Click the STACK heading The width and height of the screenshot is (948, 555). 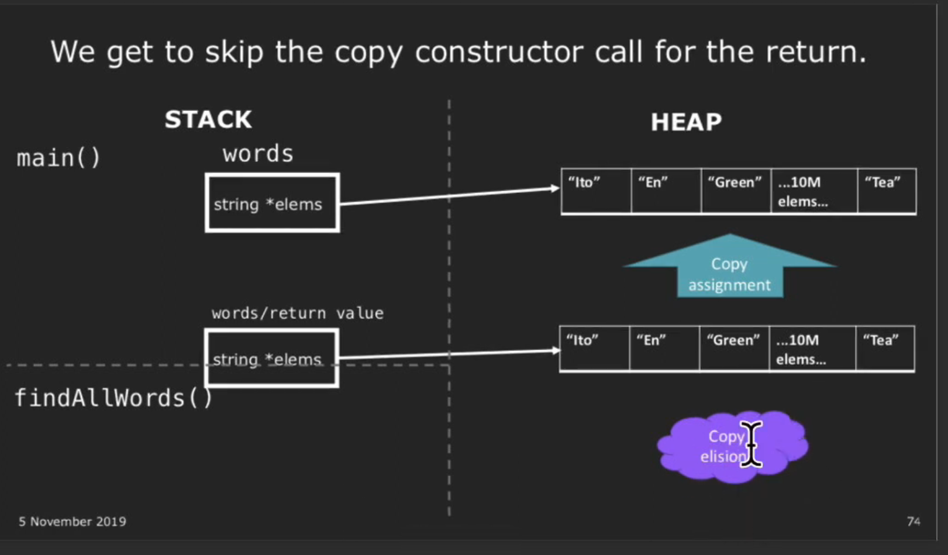(208, 119)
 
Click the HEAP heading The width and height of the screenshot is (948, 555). (686, 122)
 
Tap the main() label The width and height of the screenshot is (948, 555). (58, 158)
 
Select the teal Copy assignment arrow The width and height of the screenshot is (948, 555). (729, 269)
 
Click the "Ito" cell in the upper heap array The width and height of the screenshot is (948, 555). (596, 191)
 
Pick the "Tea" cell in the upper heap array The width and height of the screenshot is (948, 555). (887, 191)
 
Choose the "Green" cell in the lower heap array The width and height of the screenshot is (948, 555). (734, 349)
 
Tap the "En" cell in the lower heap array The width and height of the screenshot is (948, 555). (664, 349)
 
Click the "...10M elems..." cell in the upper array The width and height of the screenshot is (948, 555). (814, 191)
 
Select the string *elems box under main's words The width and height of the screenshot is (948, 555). (273, 203)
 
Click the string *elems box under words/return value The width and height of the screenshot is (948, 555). (272, 358)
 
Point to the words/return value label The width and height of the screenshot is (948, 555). (297, 313)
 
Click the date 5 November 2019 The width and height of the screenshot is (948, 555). (73, 522)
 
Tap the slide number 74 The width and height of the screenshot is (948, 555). (913, 521)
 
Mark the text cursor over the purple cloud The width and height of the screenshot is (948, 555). (751, 444)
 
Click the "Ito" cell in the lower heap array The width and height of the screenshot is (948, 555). (594, 349)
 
